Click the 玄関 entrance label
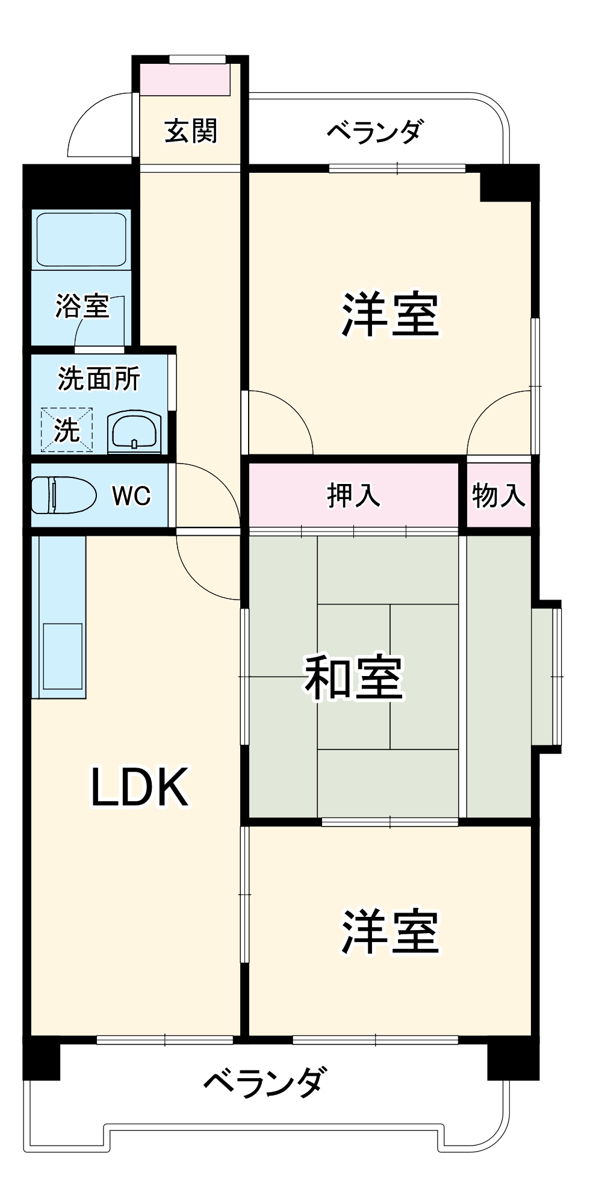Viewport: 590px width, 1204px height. (191, 131)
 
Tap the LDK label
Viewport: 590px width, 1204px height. (140, 787)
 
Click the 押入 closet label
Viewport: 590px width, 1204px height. (353, 495)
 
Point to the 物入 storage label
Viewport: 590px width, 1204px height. (498, 495)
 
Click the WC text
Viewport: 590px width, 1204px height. (131, 495)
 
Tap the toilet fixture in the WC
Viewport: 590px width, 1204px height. (63, 495)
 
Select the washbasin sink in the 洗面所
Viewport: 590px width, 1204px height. (134, 432)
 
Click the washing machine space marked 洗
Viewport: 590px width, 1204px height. (67, 430)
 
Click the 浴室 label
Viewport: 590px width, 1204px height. (82, 306)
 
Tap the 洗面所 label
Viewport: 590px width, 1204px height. (99, 379)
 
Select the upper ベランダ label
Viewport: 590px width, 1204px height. (374, 131)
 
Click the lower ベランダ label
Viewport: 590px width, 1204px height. (265, 1081)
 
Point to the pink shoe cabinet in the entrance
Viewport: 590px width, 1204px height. (185, 79)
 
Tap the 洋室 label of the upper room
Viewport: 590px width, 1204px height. (390, 314)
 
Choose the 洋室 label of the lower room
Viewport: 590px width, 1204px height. (390, 932)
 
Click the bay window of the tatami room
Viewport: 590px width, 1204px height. (548, 677)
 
